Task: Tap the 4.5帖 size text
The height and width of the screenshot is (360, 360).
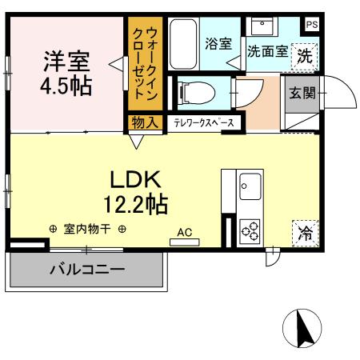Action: click(x=66, y=85)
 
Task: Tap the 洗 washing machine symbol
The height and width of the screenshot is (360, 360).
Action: click(x=305, y=56)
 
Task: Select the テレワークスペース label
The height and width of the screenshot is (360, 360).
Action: click(x=204, y=123)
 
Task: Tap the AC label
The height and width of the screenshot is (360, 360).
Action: click(x=185, y=233)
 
